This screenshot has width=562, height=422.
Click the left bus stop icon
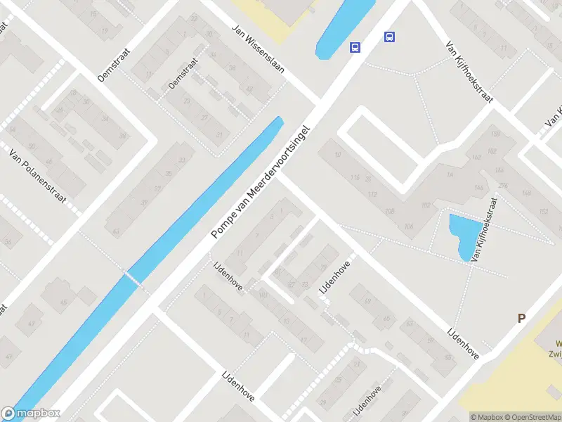[355, 48]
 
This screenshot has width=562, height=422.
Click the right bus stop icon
[389, 37]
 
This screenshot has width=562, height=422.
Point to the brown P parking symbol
[521, 319]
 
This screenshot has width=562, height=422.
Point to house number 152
[543, 212]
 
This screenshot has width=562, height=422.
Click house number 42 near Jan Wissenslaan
[247, 88]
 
